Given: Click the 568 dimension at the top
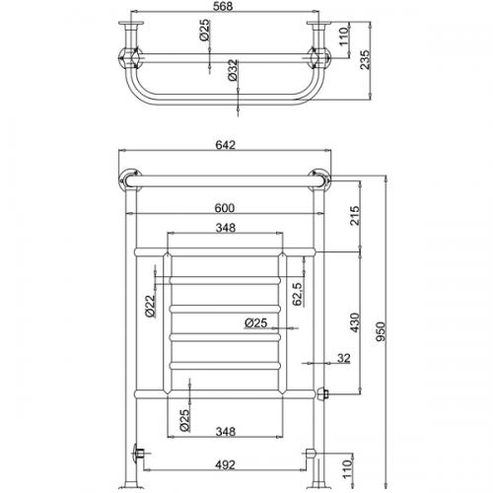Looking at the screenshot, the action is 225,6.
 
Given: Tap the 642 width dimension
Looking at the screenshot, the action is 225,145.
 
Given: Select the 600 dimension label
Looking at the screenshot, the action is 225,208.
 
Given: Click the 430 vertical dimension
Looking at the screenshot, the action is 356,322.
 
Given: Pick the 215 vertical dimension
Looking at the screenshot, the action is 355,216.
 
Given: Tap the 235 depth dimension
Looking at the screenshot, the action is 365,59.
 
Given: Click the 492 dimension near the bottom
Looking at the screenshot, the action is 226,465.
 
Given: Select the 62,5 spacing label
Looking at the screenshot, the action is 298,294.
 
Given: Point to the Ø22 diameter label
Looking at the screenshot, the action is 150,306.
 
